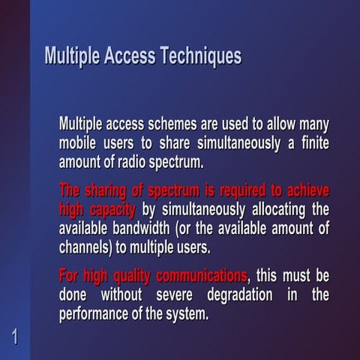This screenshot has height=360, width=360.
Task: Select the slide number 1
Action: [14, 335]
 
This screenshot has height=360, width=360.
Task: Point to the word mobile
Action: [77, 142]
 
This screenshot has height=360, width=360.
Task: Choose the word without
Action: [121, 294]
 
